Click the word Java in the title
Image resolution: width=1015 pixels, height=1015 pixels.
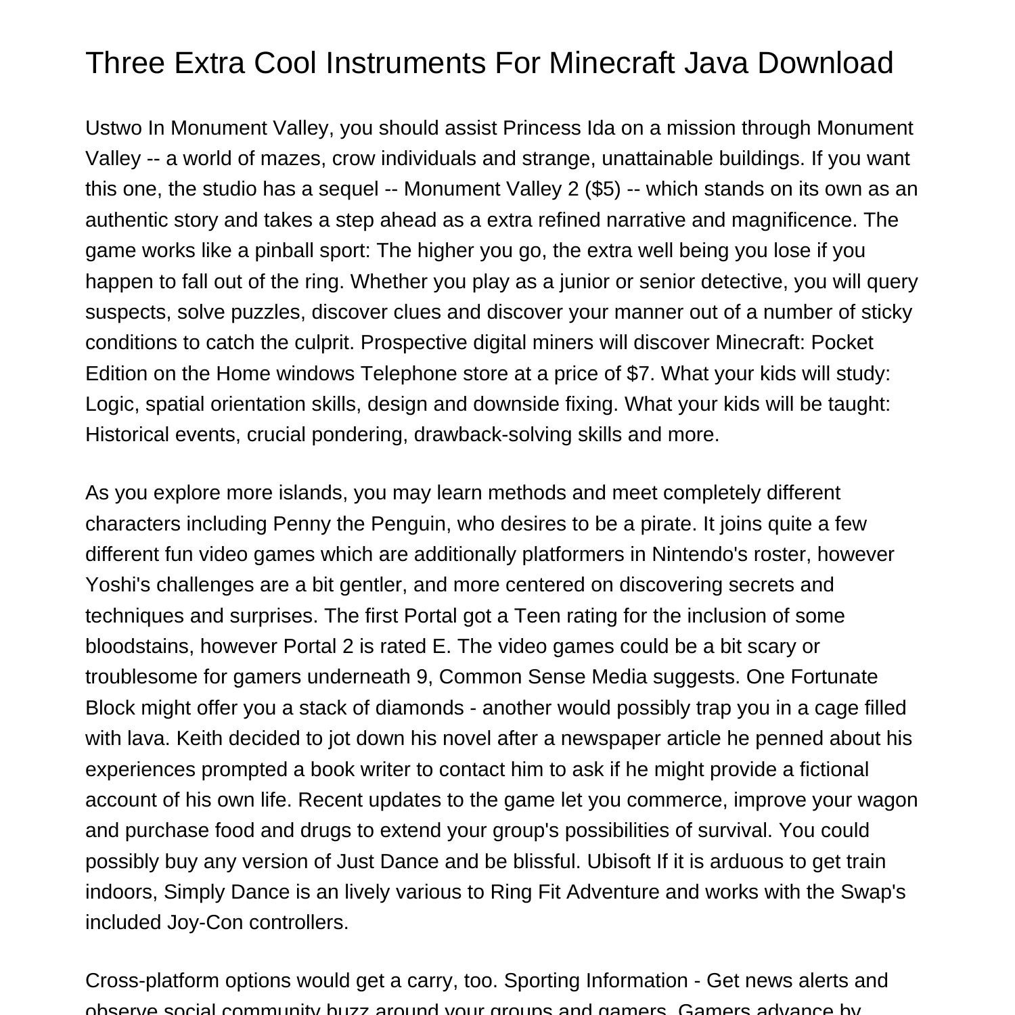[715, 63]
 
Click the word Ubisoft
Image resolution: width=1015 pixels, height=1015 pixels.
[619, 861]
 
